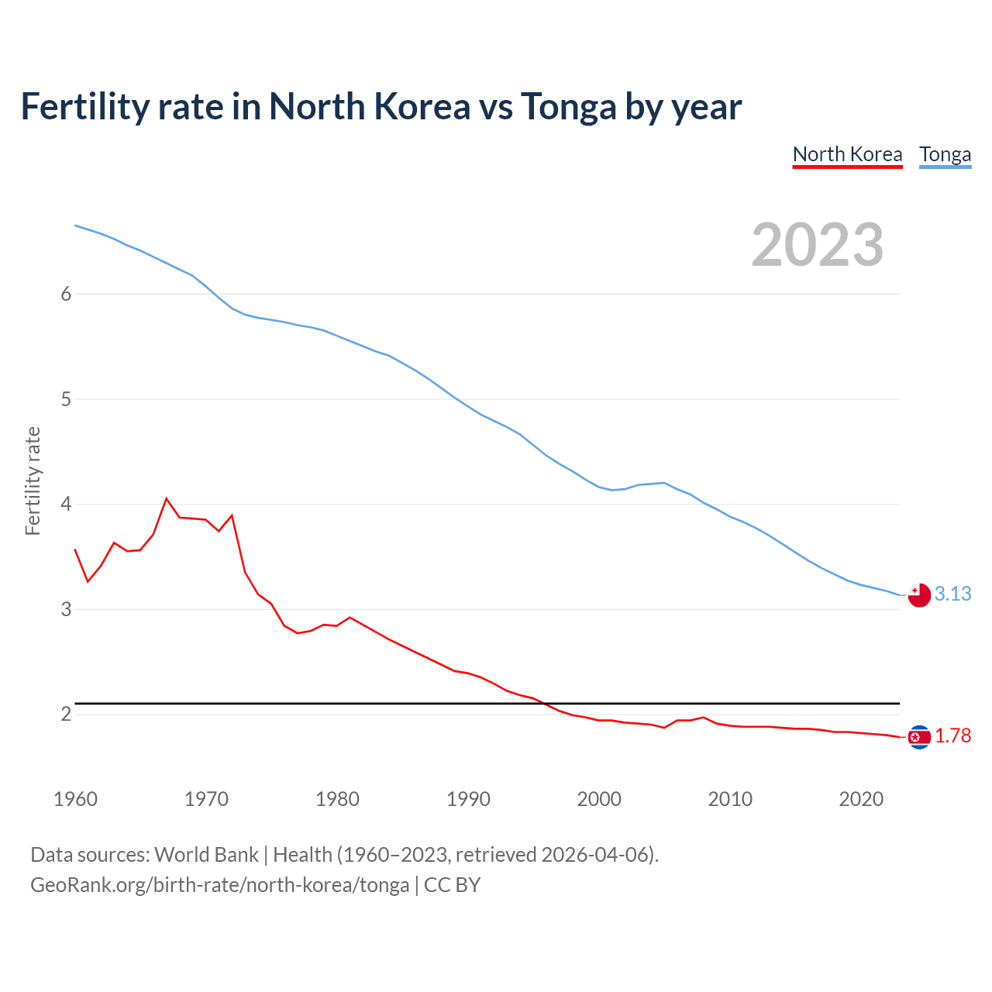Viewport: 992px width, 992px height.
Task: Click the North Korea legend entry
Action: point(847,154)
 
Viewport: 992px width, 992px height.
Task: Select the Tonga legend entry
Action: point(945,154)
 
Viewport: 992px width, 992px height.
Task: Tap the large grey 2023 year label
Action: point(817,245)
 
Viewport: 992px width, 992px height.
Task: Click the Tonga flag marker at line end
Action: point(919,595)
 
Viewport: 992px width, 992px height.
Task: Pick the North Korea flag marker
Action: point(919,737)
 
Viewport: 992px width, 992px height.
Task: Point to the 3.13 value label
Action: point(952,594)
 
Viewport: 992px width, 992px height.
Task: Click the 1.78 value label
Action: point(952,735)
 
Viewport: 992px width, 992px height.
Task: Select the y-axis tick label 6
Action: point(66,294)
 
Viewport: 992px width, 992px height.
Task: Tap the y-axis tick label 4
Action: point(66,505)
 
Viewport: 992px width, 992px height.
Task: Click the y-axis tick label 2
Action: point(66,714)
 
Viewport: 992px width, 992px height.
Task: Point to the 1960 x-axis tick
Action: point(75,799)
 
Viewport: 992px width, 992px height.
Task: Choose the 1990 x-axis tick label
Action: point(468,799)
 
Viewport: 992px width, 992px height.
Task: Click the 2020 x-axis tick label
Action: point(861,799)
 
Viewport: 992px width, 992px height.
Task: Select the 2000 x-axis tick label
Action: point(599,799)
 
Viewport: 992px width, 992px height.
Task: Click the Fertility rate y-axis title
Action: point(33,480)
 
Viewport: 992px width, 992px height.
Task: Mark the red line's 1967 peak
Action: point(167,498)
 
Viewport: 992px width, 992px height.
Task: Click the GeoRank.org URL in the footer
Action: point(219,885)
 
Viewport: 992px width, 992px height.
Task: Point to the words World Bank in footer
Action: point(206,855)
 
